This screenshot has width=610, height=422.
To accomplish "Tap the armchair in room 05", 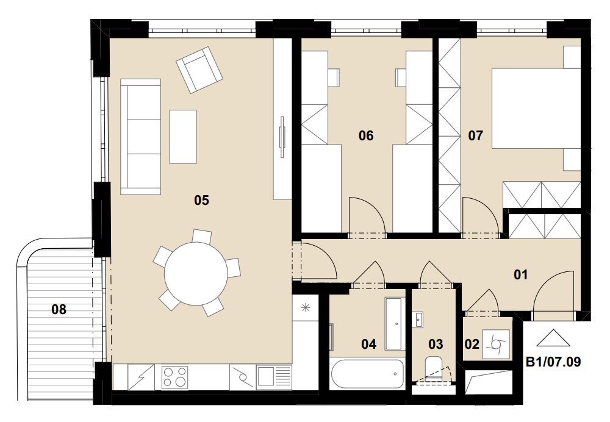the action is (x=199, y=70).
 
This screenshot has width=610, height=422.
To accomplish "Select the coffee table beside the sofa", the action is (x=183, y=137).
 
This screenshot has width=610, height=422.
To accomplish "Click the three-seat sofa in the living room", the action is (x=140, y=137).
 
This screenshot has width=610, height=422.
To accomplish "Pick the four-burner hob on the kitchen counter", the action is (x=174, y=377).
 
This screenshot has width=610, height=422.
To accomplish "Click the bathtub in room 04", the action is (x=368, y=373).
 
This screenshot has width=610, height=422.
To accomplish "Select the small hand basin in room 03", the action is (x=419, y=320).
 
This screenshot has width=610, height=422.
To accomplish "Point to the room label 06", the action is (x=366, y=136).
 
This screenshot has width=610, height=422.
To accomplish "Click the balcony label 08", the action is (x=59, y=310).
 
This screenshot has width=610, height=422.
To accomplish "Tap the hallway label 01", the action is (x=521, y=274).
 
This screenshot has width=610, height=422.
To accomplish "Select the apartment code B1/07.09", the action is (x=553, y=362).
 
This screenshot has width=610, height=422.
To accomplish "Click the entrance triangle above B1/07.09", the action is (x=553, y=338).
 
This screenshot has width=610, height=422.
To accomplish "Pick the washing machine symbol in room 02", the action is (x=496, y=344).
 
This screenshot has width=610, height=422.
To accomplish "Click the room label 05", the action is (x=201, y=200).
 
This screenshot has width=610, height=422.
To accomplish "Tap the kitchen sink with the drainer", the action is (x=274, y=377).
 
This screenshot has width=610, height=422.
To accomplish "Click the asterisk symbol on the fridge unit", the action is (x=306, y=308).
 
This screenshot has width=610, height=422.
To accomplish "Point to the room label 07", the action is (x=475, y=136).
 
